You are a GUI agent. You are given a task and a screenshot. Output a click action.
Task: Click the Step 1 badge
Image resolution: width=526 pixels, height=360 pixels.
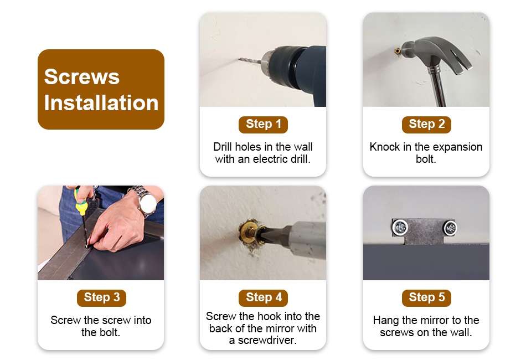click(x=263, y=125)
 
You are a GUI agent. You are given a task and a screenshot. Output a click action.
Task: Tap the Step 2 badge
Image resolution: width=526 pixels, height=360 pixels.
click(x=426, y=125)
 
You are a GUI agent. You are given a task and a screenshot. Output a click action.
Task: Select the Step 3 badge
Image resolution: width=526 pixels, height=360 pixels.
click(x=101, y=298)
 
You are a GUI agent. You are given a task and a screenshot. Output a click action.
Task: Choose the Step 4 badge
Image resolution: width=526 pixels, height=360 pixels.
click(x=263, y=298)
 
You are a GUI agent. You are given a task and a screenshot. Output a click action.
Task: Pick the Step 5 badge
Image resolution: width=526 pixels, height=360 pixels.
click(x=426, y=298)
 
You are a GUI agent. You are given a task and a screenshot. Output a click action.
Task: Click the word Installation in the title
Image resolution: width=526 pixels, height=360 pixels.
click(x=101, y=102)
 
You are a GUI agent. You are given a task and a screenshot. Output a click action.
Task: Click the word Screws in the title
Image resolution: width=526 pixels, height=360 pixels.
click(x=81, y=76)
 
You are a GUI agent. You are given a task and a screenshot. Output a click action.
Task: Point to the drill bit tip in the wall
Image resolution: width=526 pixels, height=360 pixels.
click(x=240, y=59)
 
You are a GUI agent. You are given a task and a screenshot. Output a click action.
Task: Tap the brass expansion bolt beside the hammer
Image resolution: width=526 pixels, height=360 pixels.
click(x=398, y=51)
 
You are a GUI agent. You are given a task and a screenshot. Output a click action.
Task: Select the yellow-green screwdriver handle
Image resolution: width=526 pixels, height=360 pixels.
click(x=80, y=202)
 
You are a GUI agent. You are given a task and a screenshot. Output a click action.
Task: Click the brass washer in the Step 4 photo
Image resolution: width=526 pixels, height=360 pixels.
click(x=250, y=232)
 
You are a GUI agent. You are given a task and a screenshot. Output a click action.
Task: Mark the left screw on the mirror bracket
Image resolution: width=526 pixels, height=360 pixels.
click(x=400, y=228)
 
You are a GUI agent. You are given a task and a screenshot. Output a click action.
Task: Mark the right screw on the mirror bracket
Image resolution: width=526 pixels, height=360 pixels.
click(x=450, y=228)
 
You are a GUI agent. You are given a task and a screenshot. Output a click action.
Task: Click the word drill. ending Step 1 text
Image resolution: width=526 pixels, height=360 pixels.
click(x=300, y=159)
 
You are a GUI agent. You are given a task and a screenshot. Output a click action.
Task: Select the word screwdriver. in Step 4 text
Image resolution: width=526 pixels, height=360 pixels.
click(x=267, y=340)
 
